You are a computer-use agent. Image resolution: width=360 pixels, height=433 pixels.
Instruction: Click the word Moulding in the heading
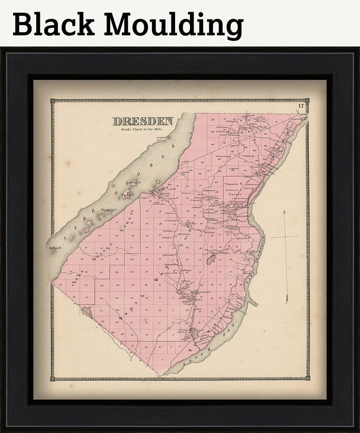click(174, 25)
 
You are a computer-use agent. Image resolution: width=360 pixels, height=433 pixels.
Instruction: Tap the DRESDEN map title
click(143, 122)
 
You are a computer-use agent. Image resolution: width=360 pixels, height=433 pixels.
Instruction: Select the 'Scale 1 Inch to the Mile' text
click(141, 130)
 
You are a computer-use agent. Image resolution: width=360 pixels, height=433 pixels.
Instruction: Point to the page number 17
click(301, 106)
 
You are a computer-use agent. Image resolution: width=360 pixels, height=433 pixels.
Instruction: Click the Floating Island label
click(109, 210)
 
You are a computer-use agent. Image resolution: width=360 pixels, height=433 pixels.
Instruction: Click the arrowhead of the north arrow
click(284, 212)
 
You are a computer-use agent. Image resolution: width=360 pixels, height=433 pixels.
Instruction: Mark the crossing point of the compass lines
click(285, 236)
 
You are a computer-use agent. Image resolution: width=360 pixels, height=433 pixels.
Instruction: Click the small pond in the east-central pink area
click(210, 260)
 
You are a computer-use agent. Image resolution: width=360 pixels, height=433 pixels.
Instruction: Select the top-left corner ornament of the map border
click(53, 101)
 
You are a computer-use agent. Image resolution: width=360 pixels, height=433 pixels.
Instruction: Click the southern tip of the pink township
click(160, 375)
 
